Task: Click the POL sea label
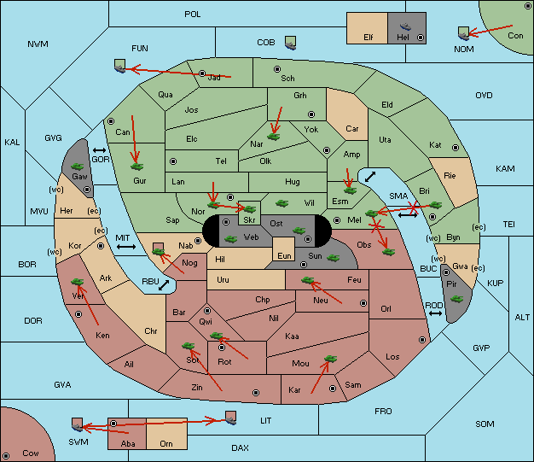click(x=193, y=15)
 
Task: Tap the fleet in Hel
click(x=405, y=26)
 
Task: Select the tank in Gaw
click(x=78, y=167)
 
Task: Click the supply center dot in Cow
click(x=6, y=456)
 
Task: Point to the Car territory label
click(x=351, y=129)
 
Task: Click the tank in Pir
click(x=456, y=299)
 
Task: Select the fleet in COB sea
click(x=290, y=43)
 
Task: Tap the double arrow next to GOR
click(x=99, y=150)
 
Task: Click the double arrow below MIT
click(x=126, y=247)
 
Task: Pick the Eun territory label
click(x=284, y=255)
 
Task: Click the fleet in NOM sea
click(x=463, y=34)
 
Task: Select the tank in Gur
click(x=136, y=167)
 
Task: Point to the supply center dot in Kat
click(x=456, y=148)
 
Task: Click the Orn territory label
click(x=166, y=443)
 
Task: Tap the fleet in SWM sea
click(x=78, y=424)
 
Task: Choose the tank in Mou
click(x=330, y=359)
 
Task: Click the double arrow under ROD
click(x=435, y=313)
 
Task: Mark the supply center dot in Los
click(x=422, y=340)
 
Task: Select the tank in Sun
click(x=333, y=258)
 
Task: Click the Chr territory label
click(x=150, y=331)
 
